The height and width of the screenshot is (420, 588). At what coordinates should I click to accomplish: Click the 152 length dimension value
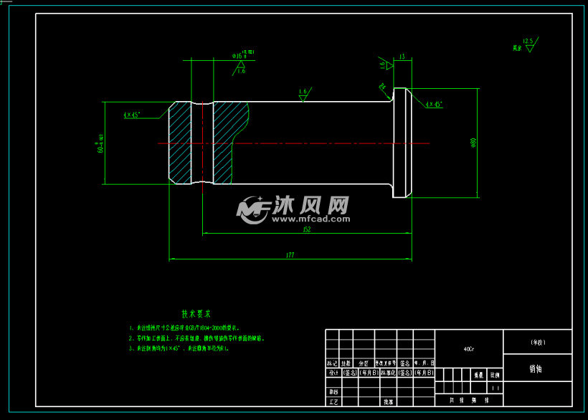306,229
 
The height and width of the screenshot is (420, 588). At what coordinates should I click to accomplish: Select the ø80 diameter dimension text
473,143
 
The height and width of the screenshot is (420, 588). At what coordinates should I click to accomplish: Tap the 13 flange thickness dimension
402,57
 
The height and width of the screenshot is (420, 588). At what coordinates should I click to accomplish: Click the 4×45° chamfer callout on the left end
131,115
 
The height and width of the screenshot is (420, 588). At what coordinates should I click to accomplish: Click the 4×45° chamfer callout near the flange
434,105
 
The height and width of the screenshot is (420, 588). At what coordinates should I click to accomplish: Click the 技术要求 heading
196,313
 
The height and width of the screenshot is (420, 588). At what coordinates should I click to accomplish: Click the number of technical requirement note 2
131,338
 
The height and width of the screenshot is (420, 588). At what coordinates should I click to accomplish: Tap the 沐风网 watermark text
311,206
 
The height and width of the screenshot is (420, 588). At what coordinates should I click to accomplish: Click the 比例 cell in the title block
495,374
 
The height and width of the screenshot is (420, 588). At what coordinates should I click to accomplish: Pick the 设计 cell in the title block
333,373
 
